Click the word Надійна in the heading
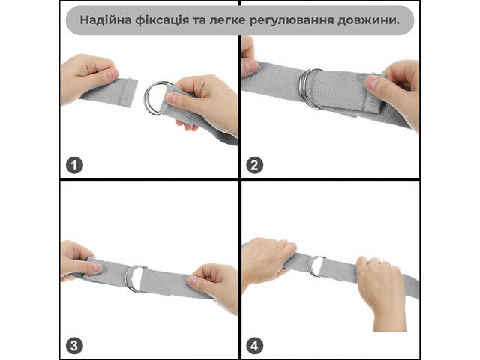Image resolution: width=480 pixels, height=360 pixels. point(106,20)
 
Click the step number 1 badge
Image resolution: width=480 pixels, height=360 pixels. point(74,165)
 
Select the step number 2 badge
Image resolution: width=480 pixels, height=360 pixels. point(254,165)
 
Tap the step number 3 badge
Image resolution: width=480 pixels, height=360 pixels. point(74,346)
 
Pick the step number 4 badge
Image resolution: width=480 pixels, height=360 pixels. point(254,346)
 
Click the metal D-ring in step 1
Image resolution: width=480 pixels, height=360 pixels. point(148,98)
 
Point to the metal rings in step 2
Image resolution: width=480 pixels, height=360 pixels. point(302,88)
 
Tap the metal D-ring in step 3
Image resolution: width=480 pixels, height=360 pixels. point(127,278)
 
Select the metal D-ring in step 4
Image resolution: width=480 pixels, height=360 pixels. point(310,266)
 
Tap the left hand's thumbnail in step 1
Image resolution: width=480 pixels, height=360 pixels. point(112,73)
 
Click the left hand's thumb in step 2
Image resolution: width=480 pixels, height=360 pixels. point(249,66)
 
